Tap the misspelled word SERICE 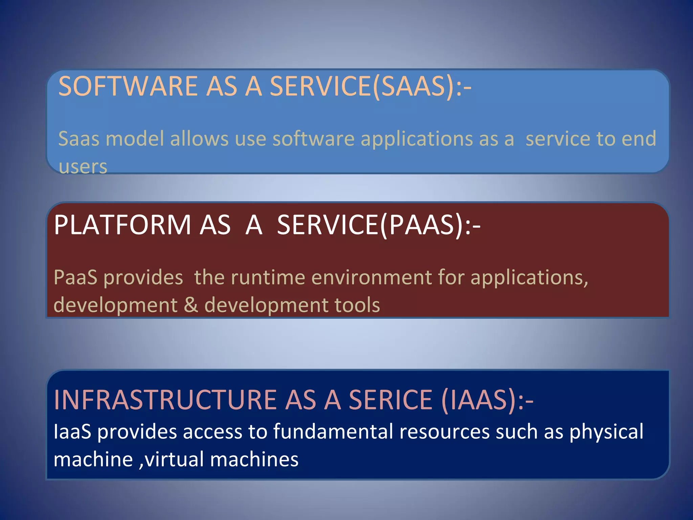pos(390,400)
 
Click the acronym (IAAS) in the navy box pos(479,400)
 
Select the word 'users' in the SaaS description pos(83,167)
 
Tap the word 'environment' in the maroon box pos(371,278)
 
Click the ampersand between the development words pos(191,305)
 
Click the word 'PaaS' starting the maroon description pos(75,278)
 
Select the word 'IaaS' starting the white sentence pos(72,432)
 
